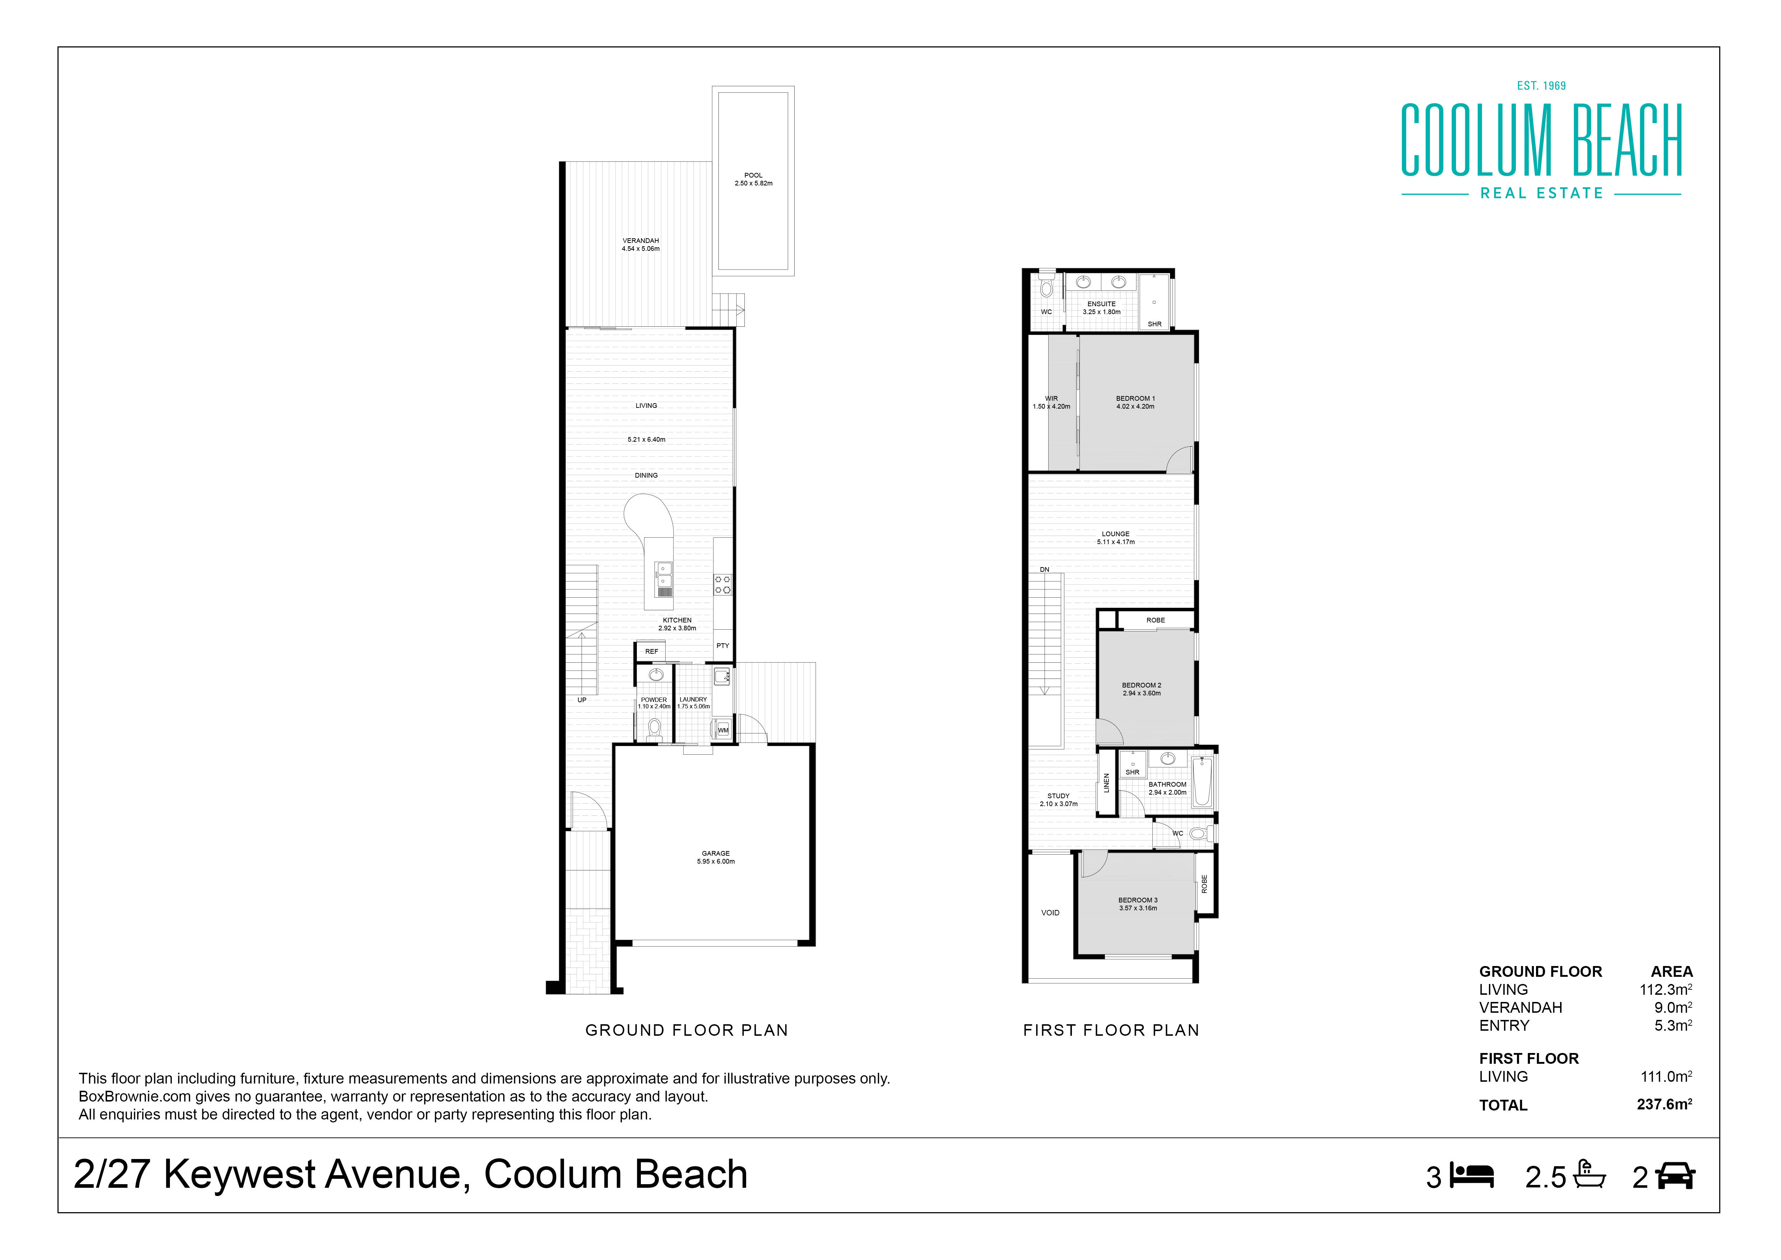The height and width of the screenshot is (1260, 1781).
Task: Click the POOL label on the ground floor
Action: tap(753, 175)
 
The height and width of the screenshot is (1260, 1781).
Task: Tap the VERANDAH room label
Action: tap(641, 240)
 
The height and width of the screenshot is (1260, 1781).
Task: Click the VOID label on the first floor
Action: tap(1050, 912)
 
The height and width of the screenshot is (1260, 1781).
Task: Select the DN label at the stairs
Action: tap(1045, 570)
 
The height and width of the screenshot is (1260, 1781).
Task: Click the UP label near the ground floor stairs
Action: tap(582, 700)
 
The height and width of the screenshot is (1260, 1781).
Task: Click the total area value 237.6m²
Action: tap(1665, 1104)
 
